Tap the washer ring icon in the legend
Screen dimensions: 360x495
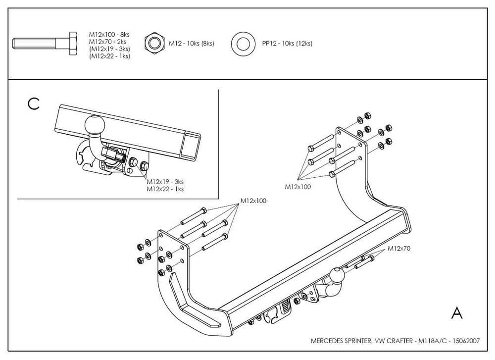(243, 44)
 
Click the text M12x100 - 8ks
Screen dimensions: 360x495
(109, 35)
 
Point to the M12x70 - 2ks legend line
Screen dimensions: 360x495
(107, 42)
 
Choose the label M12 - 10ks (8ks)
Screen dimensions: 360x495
(191, 44)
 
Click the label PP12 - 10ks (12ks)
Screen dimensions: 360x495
(287, 44)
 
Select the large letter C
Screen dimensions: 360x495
(34, 104)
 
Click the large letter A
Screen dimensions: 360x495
(457, 312)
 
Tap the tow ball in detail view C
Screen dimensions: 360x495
(95, 124)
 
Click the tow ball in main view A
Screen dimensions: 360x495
(338, 275)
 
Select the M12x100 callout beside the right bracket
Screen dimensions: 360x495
(297, 187)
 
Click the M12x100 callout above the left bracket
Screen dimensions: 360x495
(253, 201)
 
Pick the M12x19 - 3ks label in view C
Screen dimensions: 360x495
(165, 182)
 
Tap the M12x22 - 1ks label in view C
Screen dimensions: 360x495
(165, 189)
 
